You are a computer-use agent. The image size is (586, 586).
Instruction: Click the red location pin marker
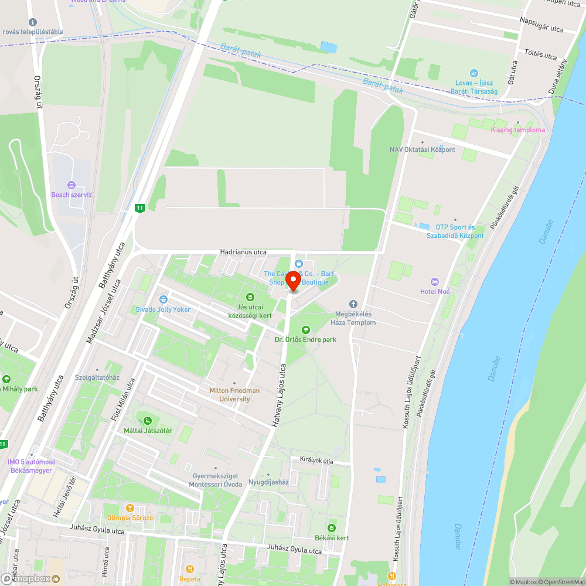coord(292,281)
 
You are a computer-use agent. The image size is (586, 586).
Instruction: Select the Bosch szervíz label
coord(72,195)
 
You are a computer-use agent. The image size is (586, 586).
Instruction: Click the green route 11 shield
coord(139,208)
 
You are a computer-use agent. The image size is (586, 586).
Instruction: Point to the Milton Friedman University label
coord(234,394)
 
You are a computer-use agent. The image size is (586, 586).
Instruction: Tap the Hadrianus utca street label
coord(243,252)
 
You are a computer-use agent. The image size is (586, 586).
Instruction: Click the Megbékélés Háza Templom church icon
coord(353,304)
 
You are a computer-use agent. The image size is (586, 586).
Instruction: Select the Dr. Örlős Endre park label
coord(305,339)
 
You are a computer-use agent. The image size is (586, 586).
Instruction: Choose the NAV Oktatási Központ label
coord(422,149)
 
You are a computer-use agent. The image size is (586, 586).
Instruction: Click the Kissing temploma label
coord(518,130)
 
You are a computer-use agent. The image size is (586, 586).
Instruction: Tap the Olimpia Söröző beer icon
coord(130,508)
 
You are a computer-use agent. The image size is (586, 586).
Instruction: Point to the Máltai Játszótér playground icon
coord(148,420)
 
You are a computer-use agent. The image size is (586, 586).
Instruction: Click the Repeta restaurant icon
coord(190,569)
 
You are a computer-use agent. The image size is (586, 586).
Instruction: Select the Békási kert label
coord(332,538)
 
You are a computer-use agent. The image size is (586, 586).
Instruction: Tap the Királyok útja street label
coord(316,461)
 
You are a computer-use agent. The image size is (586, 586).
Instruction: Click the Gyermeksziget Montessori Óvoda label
coord(216,481)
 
